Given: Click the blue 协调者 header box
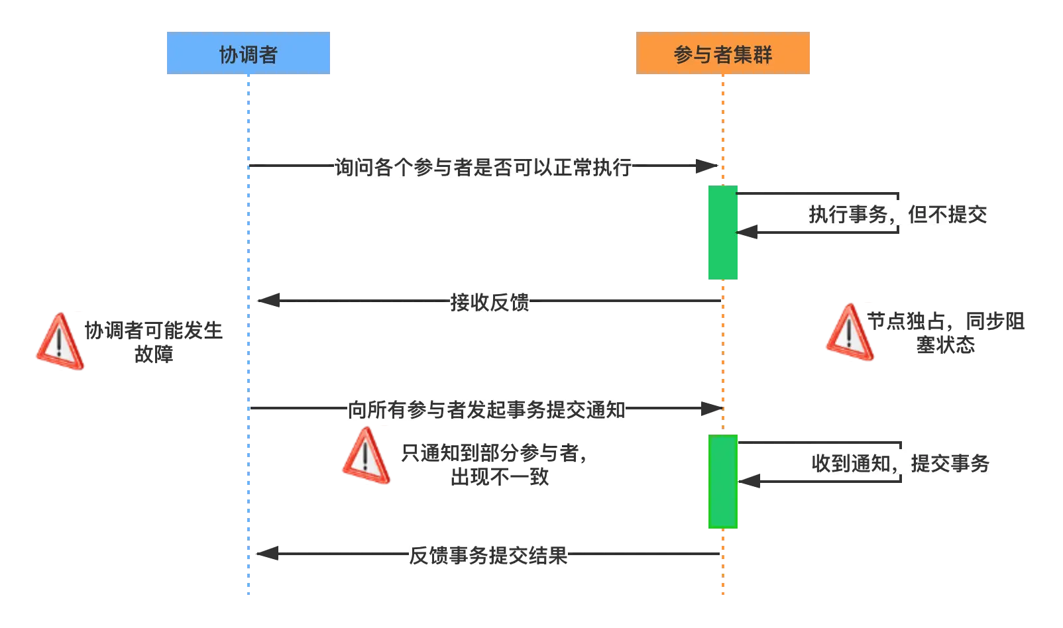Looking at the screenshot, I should (249, 53).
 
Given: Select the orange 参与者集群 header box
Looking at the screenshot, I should (723, 53).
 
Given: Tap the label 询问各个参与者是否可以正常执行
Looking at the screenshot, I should (484, 167).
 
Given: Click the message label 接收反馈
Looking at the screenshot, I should (489, 302).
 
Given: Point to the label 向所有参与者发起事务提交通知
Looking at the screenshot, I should (486, 409).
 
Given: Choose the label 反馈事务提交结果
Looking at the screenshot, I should (489, 554).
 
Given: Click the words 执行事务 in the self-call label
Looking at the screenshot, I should (848, 214).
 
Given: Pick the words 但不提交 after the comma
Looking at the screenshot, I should (948, 214).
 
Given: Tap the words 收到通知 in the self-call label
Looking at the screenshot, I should (851, 463).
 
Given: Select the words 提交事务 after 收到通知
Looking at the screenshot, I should (950, 463).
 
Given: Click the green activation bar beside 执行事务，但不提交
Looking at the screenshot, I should (722, 233).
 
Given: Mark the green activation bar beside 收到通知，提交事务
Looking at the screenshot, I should (722, 482).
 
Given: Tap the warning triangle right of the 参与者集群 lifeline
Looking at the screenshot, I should (849, 332).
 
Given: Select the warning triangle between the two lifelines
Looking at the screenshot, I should (366, 456).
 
